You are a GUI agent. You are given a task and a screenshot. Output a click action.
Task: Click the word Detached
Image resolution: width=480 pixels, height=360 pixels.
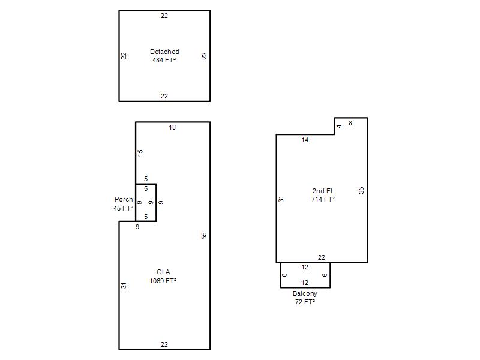click(x=164, y=52)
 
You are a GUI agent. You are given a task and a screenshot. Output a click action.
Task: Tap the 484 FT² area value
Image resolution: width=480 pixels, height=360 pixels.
click(x=164, y=60)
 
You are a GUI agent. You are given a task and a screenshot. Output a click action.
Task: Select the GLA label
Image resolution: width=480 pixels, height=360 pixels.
click(x=163, y=272)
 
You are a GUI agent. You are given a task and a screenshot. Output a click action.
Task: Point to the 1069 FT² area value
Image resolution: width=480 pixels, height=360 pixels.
click(x=163, y=281)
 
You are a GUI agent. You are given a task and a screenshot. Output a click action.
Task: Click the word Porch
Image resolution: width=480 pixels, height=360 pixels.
click(x=124, y=199)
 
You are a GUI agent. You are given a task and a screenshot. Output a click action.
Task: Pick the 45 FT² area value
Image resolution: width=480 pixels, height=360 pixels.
click(x=124, y=208)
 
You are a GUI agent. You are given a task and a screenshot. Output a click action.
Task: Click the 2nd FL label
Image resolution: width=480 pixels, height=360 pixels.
click(x=323, y=191)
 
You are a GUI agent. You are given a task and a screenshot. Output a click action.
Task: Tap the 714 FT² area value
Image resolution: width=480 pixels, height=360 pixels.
click(x=323, y=199)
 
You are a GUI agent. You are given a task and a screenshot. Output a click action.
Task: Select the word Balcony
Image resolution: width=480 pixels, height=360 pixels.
click(x=305, y=293)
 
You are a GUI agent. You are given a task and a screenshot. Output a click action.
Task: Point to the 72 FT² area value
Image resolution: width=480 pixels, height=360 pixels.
click(x=305, y=302)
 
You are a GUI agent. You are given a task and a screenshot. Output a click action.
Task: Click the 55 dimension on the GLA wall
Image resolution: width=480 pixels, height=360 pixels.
click(x=204, y=236)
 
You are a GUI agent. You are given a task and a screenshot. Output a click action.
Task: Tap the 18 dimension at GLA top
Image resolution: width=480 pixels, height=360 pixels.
click(x=172, y=127)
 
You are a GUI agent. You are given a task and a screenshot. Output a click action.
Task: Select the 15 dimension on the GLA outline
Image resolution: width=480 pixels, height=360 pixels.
click(x=140, y=153)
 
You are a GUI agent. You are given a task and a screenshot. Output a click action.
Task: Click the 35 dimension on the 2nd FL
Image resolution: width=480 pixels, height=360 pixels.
click(x=361, y=190)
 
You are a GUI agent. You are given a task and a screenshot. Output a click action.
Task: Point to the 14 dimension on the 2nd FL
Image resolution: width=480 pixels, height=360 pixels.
click(x=305, y=140)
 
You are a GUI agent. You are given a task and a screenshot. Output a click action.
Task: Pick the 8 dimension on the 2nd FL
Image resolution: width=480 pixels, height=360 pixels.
click(x=350, y=123)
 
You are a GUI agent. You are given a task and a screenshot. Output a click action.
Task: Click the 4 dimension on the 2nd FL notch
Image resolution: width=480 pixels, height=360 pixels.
click(x=339, y=126)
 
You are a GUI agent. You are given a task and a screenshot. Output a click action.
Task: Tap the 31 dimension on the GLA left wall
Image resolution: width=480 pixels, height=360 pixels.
click(x=124, y=286)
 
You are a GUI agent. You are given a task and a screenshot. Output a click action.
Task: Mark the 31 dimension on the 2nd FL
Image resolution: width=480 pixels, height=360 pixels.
click(x=281, y=199)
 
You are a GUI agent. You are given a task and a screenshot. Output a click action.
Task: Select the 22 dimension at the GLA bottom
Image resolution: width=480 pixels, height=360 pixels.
click(x=164, y=344)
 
